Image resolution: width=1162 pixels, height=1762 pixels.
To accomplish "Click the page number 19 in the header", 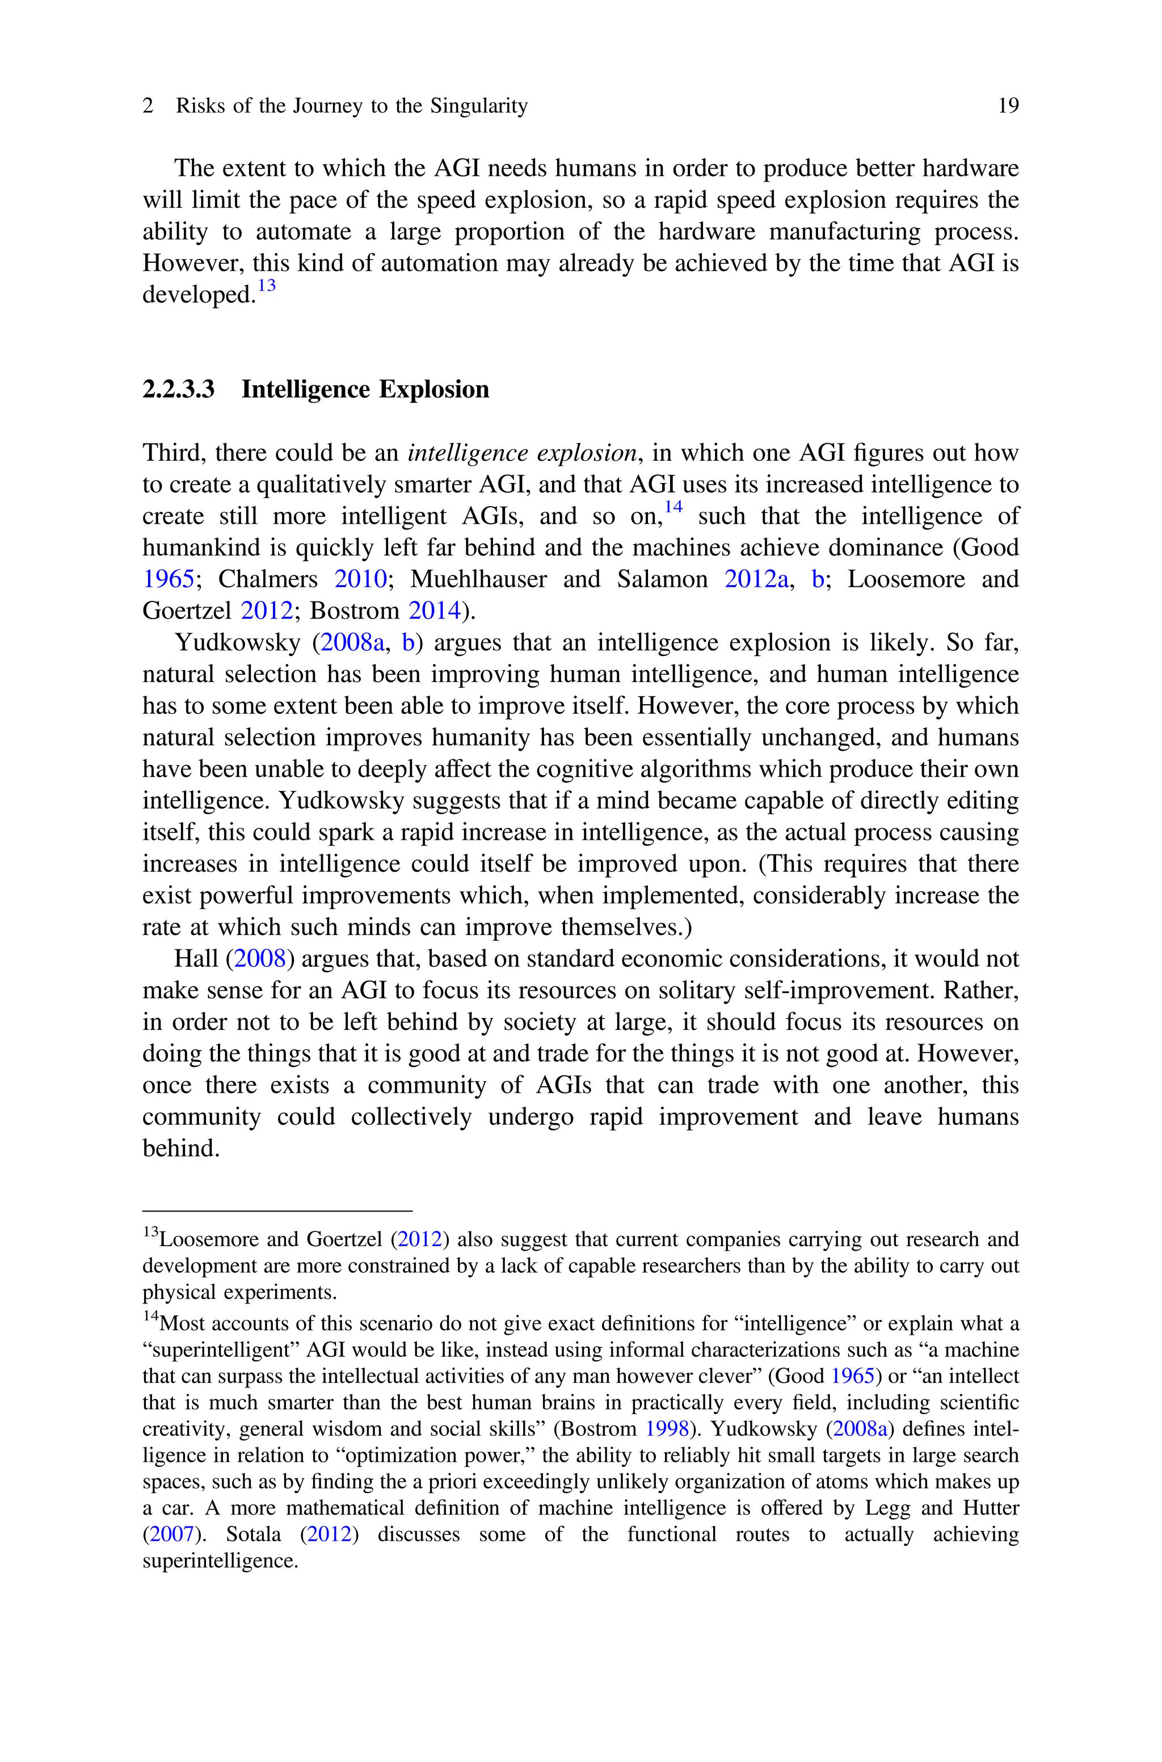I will [x=1008, y=106].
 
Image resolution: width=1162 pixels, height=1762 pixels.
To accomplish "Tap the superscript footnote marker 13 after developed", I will [x=266, y=285].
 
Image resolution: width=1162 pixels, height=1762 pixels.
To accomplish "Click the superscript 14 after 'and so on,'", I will [x=673, y=507].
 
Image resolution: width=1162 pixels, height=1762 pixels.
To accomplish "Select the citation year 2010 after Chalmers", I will [x=360, y=579].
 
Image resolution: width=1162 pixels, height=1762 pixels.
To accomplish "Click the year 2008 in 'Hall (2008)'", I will [x=259, y=959].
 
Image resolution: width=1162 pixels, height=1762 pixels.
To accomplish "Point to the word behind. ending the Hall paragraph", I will [x=181, y=1149].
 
